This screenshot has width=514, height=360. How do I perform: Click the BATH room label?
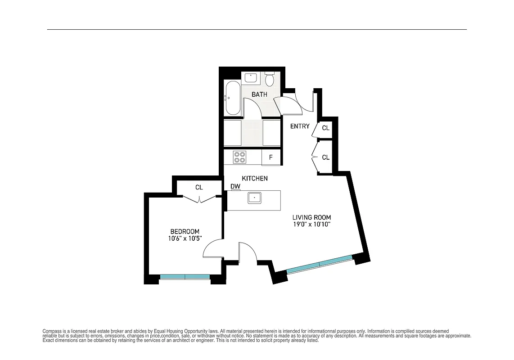[x=259, y=94]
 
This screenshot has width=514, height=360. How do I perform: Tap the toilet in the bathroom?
[x=270, y=79]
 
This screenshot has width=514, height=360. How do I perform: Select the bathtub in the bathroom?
[x=233, y=98]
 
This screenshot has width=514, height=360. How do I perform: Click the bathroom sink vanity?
[x=251, y=77]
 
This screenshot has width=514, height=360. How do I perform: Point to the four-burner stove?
[x=239, y=157]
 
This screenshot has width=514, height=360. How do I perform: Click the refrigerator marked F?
[x=271, y=157]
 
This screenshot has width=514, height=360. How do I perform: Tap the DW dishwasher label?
[x=235, y=186]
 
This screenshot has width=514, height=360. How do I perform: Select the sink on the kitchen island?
[x=254, y=198]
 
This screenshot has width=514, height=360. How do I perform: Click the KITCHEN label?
[x=255, y=179]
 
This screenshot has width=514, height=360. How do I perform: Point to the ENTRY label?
[x=300, y=126]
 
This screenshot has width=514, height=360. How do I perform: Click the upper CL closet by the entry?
[x=325, y=128]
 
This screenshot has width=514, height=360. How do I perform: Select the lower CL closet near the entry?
[x=325, y=157]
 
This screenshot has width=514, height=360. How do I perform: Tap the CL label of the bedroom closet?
[x=199, y=187]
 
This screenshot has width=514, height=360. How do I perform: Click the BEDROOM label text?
[x=185, y=231]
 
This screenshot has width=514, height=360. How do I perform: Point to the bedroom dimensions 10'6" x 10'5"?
[x=185, y=238]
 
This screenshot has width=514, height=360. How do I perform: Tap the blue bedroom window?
[x=185, y=277]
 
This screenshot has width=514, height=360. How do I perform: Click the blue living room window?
[x=320, y=265]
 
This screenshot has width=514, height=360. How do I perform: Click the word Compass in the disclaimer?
[x=52, y=331]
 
